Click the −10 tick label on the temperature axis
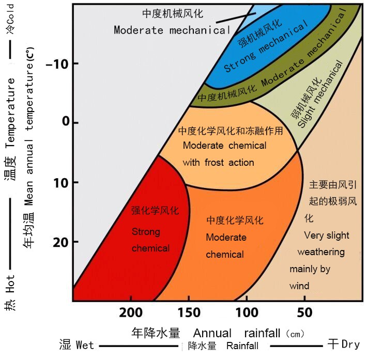click(56, 64)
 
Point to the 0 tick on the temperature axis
click(65, 123)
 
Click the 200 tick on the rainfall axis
click(131, 312)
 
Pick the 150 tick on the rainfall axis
click(189, 312)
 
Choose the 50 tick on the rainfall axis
click(304, 312)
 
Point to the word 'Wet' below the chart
click(85, 345)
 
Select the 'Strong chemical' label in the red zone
click(150, 240)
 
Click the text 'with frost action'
click(218, 162)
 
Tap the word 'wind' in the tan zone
click(299, 286)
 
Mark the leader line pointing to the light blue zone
click(235, 18)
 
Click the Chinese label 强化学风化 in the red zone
click(155, 211)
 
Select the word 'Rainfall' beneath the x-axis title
click(242, 346)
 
